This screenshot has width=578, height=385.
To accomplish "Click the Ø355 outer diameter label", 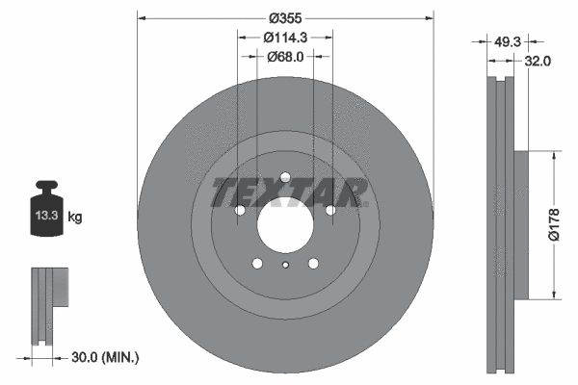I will coord(285,18).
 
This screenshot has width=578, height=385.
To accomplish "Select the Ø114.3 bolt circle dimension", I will coord(285,37).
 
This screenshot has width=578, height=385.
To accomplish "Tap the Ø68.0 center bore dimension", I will coord(285,57).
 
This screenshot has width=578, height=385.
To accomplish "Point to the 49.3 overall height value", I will coord(506,42).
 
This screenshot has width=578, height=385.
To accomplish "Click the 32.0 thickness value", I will coord(538,62).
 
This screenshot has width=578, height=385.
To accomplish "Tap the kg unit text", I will coord(75,218).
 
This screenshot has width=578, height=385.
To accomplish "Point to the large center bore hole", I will coord(285,227).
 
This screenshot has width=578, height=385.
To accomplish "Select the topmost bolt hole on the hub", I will coord(285,177).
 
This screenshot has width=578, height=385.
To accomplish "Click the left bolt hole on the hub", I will coord(241,210).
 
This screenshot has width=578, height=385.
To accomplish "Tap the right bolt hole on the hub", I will coord(330,210).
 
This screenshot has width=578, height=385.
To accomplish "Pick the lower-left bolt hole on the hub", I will coord(257,263).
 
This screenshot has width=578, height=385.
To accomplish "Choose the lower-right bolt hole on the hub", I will coord(313,263).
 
